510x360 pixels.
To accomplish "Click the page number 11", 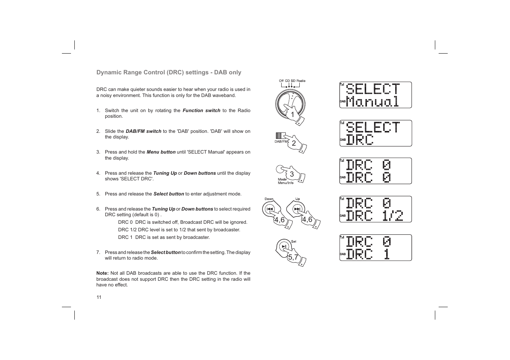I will [99, 297].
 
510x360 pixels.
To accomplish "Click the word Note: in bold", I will [102, 273].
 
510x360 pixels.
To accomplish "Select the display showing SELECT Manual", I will [375, 95].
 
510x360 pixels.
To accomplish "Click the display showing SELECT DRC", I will [375, 134].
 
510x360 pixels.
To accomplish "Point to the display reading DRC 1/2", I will [375, 209].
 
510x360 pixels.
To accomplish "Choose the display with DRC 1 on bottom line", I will [375, 248].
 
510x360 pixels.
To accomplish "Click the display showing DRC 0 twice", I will [375, 171].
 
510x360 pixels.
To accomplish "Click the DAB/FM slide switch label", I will [281, 142].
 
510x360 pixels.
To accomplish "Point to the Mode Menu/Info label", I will [285, 181].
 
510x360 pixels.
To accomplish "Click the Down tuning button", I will [270, 209].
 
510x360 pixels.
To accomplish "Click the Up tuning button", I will [297, 209].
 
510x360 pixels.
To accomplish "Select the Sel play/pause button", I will [284, 246].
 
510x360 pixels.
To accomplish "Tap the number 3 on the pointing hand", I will [292, 174].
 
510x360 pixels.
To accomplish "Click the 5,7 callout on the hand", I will [293, 257].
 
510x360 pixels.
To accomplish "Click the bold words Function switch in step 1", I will [201, 111].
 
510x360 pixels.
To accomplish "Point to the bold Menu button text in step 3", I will [161, 152].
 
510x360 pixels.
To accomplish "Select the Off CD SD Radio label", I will [292, 81].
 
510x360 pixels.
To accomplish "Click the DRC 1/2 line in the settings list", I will [179, 230].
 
